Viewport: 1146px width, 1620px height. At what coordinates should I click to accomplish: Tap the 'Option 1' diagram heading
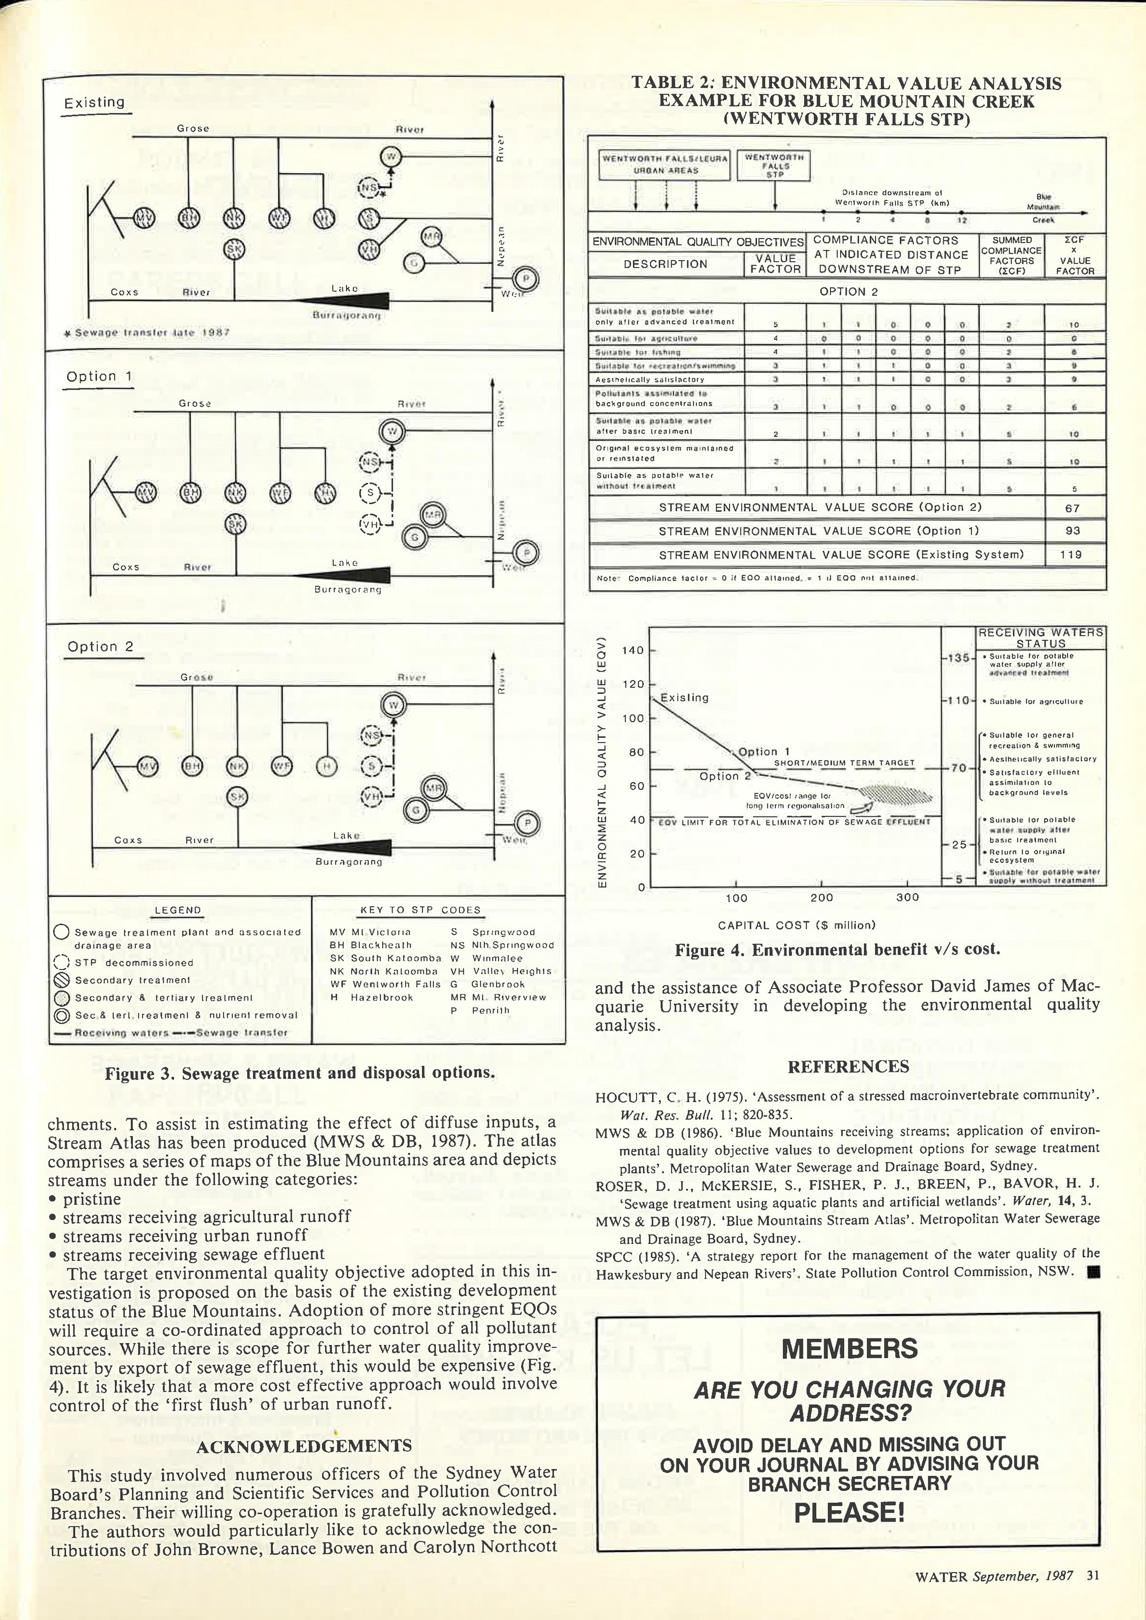[x=99, y=377]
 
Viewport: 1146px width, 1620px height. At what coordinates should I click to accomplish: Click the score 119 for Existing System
[x=1071, y=554]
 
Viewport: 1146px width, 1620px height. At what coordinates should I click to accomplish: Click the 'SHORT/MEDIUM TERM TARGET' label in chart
[x=844, y=763]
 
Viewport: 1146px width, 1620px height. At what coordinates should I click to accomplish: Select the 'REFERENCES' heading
[x=848, y=1067]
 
